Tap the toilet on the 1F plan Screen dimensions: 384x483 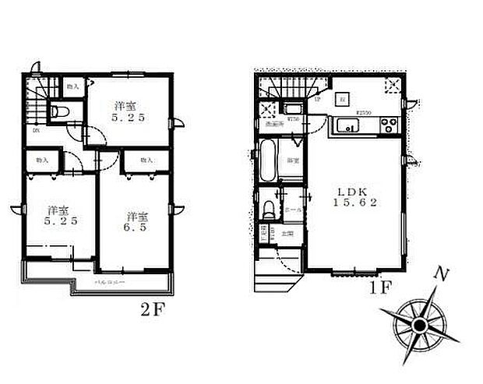click(269, 209)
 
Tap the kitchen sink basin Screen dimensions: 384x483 click(345, 123)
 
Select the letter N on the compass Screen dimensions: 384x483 click(441, 275)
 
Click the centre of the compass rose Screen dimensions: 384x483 click(419, 322)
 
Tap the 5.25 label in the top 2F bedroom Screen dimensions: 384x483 click(129, 112)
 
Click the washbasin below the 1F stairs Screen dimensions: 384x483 click(294, 109)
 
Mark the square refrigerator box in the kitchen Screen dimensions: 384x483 click(343, 98)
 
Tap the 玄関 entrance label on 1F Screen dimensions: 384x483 click(287, 232)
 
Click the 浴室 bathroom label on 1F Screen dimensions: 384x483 click(293, 161)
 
